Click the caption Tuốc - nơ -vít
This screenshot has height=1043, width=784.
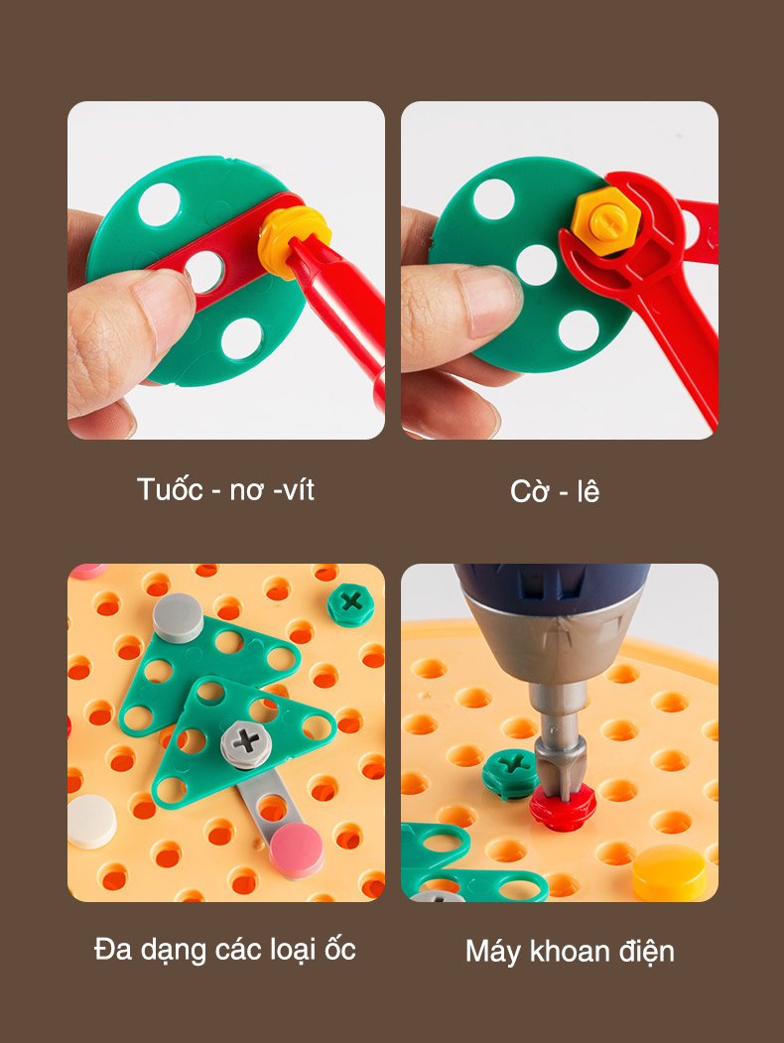(x=225, y=489)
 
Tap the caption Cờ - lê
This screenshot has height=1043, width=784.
(x=555, y=491)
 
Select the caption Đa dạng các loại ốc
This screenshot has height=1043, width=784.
(x=225, y=949)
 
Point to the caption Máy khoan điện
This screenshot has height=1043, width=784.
(x=570, y=952)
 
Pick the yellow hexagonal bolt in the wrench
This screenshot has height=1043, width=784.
(x=605, y=220)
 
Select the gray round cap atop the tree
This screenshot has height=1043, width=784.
(x=178, y=618)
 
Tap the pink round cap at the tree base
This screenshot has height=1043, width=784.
(x=297, y=849)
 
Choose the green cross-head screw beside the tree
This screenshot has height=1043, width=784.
(x=350, y=604)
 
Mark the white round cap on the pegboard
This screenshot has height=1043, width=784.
(x=91, y=821)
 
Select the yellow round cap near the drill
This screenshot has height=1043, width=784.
(x=669, y=872)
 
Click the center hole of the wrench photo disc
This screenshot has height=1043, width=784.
(x=536, y=265)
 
